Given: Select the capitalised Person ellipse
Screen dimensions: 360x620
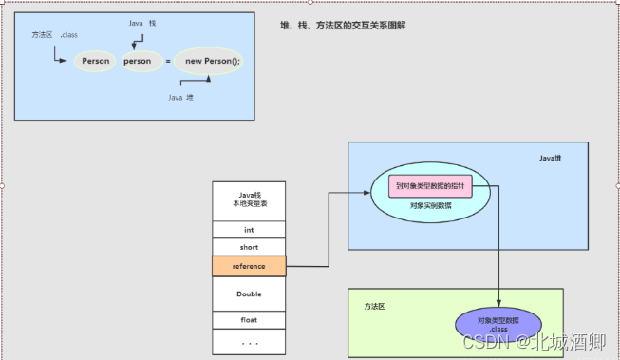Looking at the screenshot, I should (96, 61).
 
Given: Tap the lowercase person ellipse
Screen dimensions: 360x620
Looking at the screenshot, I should (137, 61).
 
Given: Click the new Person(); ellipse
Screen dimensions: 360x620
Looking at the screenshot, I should (213, 61).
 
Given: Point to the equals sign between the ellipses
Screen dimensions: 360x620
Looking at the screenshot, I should (168, 61).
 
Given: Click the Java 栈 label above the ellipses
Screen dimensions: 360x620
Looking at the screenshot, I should (142, 22).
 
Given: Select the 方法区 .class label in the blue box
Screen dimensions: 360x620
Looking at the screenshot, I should (53, 35).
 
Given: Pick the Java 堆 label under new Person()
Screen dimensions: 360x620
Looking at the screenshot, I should (180, 98).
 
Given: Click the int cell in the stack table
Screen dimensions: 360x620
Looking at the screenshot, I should (249, 230).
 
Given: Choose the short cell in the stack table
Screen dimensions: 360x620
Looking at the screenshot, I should (249, 247).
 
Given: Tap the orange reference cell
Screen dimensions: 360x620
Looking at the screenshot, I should (249, 267).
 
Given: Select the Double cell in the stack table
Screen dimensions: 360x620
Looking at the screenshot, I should (249, 294).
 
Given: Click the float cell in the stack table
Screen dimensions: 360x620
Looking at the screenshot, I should (249, 320).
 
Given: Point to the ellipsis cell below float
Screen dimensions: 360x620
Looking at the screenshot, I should (249, 341).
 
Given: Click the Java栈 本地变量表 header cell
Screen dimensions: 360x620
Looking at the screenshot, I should (249, 199).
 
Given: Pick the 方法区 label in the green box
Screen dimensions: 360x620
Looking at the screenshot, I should (376, 308).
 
